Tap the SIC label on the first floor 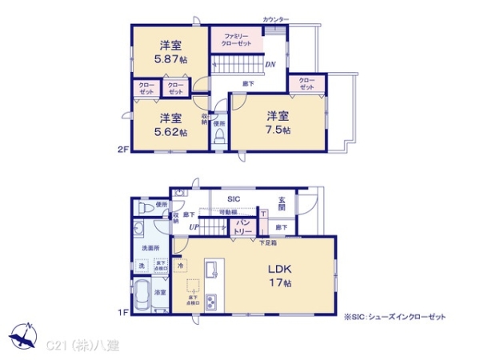coord(234,199)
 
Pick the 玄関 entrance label coord(282,205)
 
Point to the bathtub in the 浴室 coord(141,291)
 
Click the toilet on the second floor coord(218,137)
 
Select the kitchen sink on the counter coord(211,270)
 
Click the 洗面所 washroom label coord(141,249)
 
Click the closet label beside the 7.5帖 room coord(307,83)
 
